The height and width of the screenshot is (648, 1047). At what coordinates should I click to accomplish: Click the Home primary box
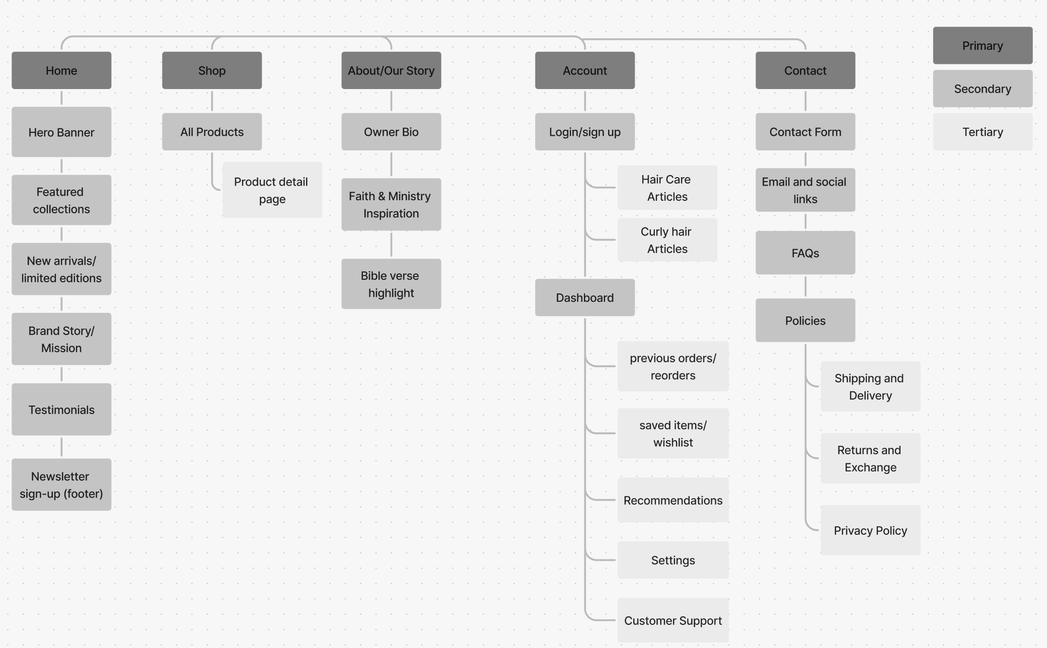61,70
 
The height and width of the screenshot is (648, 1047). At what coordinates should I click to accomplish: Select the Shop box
212,70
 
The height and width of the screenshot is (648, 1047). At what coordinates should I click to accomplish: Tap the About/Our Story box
391,70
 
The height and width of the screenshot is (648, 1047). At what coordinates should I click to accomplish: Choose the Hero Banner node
61,132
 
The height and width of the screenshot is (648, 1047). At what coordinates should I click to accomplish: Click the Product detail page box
272,190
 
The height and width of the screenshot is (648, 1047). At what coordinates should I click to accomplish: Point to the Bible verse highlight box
391,284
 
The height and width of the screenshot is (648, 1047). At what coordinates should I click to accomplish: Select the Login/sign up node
584,132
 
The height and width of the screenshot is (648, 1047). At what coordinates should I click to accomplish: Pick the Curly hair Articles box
667,240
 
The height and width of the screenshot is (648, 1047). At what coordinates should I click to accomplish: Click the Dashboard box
584,297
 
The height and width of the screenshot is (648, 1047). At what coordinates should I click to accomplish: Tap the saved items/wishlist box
673,433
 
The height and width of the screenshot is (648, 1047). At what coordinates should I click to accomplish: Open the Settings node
673,560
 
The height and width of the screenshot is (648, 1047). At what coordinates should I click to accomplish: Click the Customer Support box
673,620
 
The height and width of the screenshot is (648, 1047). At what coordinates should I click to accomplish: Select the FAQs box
805,253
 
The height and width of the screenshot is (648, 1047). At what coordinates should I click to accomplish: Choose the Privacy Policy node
870,530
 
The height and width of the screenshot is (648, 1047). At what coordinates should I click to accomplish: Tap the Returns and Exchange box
870,458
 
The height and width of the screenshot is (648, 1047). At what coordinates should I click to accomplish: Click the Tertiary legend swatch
983,132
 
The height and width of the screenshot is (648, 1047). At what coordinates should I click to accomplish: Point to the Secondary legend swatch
983,89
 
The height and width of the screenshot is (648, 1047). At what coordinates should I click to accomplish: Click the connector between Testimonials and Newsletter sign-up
61,447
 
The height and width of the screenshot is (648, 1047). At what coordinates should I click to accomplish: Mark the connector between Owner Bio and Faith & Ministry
391,164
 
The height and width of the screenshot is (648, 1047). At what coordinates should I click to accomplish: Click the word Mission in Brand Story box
61,348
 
